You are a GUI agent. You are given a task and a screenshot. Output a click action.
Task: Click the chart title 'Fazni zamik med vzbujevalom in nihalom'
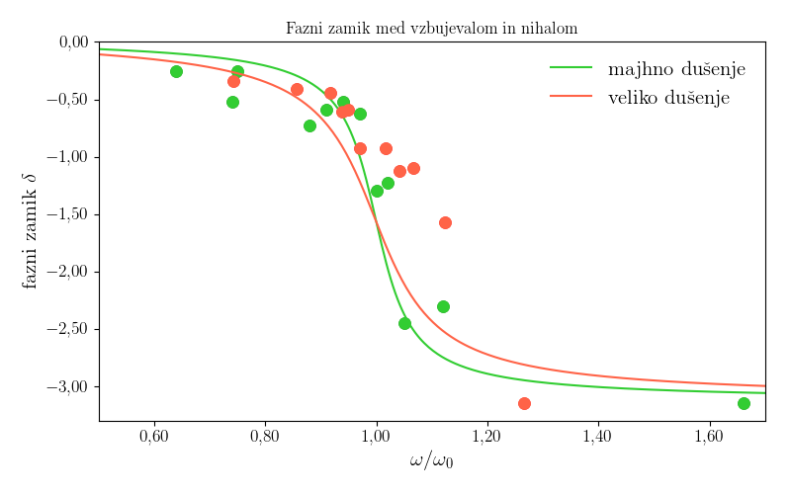click(431, 29)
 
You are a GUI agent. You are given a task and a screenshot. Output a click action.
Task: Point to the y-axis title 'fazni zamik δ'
click(31, 231)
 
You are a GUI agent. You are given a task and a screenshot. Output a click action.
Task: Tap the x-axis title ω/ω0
click(431, 460)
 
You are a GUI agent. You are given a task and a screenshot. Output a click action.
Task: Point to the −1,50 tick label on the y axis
click(66, 214)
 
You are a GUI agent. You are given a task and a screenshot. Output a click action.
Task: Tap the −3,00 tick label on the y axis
click(66, 386)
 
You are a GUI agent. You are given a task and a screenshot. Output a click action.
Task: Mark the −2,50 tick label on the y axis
click(66, 329)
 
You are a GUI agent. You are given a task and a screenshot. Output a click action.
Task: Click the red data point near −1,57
click(445, 222)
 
